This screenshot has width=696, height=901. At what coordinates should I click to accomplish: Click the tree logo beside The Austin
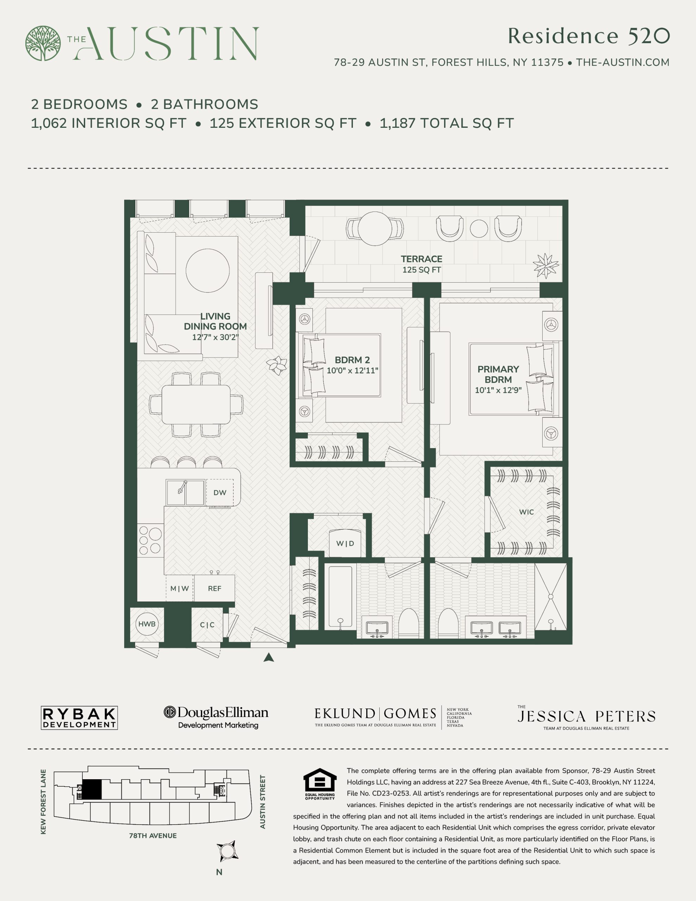point(43,43)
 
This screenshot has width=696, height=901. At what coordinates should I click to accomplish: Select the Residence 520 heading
point(589,36)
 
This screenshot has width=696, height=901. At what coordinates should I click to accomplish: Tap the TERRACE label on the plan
point(421,259)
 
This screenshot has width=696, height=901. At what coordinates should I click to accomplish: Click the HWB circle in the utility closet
point(147,624)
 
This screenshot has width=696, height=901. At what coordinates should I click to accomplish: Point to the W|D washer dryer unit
point(345,544)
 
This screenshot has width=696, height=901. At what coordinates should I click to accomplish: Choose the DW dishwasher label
point(220,493)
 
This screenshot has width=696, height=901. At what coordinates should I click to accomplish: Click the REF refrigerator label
point(215,589)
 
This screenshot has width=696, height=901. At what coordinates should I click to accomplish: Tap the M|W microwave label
point(179,589)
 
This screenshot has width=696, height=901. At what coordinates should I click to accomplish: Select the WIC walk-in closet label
point(526,512)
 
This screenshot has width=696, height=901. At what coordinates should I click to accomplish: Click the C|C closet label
point(207,625)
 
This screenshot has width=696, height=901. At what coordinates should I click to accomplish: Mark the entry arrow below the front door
point(268,657)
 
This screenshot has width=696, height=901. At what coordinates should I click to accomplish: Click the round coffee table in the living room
point(208,271)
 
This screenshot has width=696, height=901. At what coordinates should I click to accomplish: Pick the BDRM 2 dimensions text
point(352,371)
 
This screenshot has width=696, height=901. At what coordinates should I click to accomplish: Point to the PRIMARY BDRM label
point(498,374)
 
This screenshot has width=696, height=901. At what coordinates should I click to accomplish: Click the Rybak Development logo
point(79,718)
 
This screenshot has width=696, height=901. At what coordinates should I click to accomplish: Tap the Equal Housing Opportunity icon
point(320,784)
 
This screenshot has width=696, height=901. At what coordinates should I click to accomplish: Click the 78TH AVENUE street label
point(153,836)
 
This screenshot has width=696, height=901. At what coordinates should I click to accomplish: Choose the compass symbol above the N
point(227,851)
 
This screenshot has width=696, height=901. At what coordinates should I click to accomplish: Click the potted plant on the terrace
point(545,266)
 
